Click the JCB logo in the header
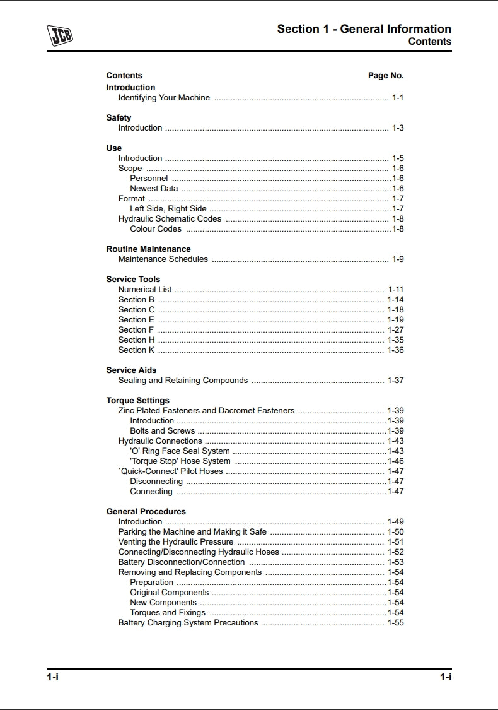click(x=60, y=35)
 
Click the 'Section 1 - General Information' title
click(x=364, y=29)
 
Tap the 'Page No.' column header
click(x=386, y=76)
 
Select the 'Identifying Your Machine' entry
click(x=164, y=98)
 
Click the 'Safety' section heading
click(x=119, y=118)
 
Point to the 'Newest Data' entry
click(x=154, y=189)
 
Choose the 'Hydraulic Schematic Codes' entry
click(x=170, y=219)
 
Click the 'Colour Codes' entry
click(x=156, y=229)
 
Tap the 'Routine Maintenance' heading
click(x=148, y=249)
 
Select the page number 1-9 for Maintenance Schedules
click(x=398, y=259)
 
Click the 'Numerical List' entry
click(x=145, y=290)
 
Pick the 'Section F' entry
click(x=136, y=330)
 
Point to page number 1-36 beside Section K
click(x=395, y=350)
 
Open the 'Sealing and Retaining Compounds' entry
click(x=183, y=381)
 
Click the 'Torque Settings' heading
click(x=137, y=401)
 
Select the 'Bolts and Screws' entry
click(x=163, y=431)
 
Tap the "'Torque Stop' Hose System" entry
click(x=180, y=461)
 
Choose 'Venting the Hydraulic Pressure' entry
click(x=176, y=542)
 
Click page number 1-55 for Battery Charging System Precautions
click(x=395, y=623)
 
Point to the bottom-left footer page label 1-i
click(x=52, y=677)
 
